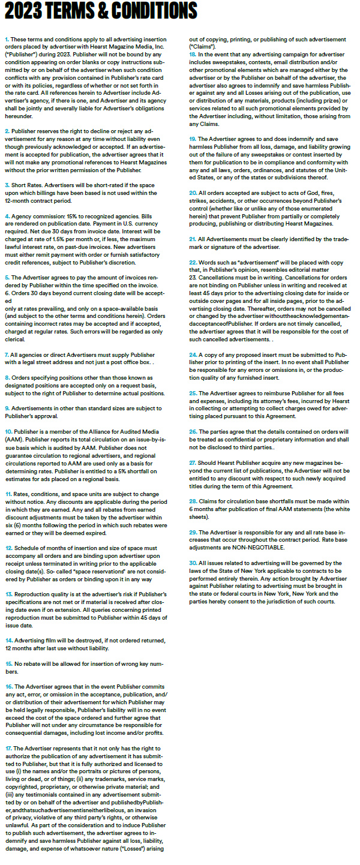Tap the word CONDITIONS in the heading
tap(152, 11)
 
